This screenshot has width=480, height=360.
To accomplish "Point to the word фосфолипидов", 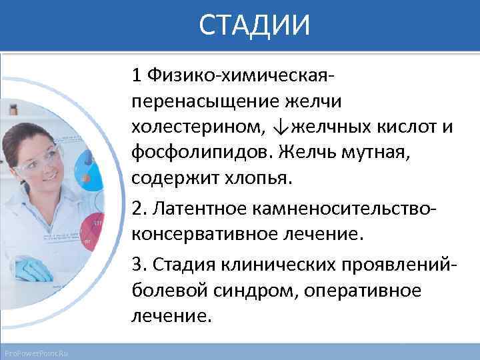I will [x=196, y=153].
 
